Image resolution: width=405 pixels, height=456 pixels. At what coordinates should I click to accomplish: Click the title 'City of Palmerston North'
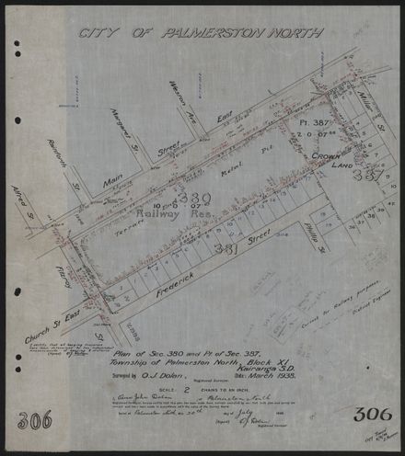[x=201, y=34]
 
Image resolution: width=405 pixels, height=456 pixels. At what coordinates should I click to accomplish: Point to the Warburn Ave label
[x=182, y=100]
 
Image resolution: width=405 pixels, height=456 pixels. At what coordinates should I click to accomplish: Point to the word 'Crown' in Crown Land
[x=325, y=158]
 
